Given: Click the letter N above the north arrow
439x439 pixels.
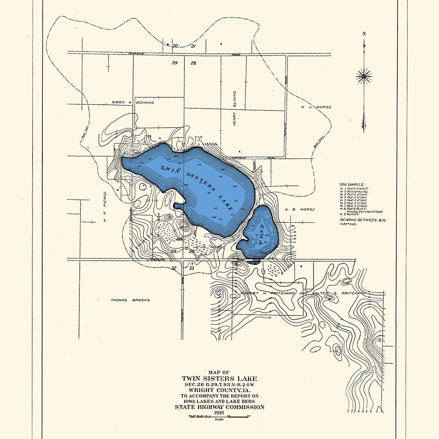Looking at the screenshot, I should click(x=364, y=34).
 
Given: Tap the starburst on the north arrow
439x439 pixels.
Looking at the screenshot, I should click(x=364, y=76).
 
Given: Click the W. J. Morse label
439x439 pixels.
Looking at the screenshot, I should click(x=316, y=107).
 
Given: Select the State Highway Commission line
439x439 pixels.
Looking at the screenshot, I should click(x=219, y=407).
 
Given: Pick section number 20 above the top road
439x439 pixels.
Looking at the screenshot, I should click(x=175, y=46).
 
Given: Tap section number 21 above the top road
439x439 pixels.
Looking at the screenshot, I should click(x=194, y=46).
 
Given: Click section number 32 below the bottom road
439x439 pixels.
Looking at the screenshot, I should click(x=174, y=268).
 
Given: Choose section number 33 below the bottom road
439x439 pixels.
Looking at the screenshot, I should click(x=191, y=268).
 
